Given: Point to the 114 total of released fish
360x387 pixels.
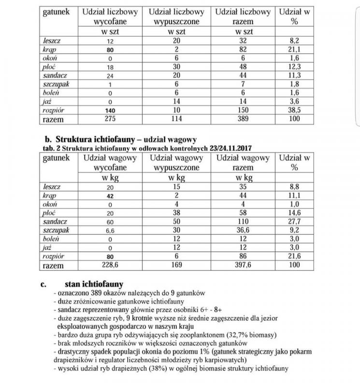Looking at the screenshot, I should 177,119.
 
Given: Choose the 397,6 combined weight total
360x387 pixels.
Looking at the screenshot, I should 244,265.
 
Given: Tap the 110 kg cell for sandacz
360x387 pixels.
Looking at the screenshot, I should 244,221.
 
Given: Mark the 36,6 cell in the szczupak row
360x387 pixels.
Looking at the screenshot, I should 244,230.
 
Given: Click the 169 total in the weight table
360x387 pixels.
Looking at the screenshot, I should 177,265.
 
